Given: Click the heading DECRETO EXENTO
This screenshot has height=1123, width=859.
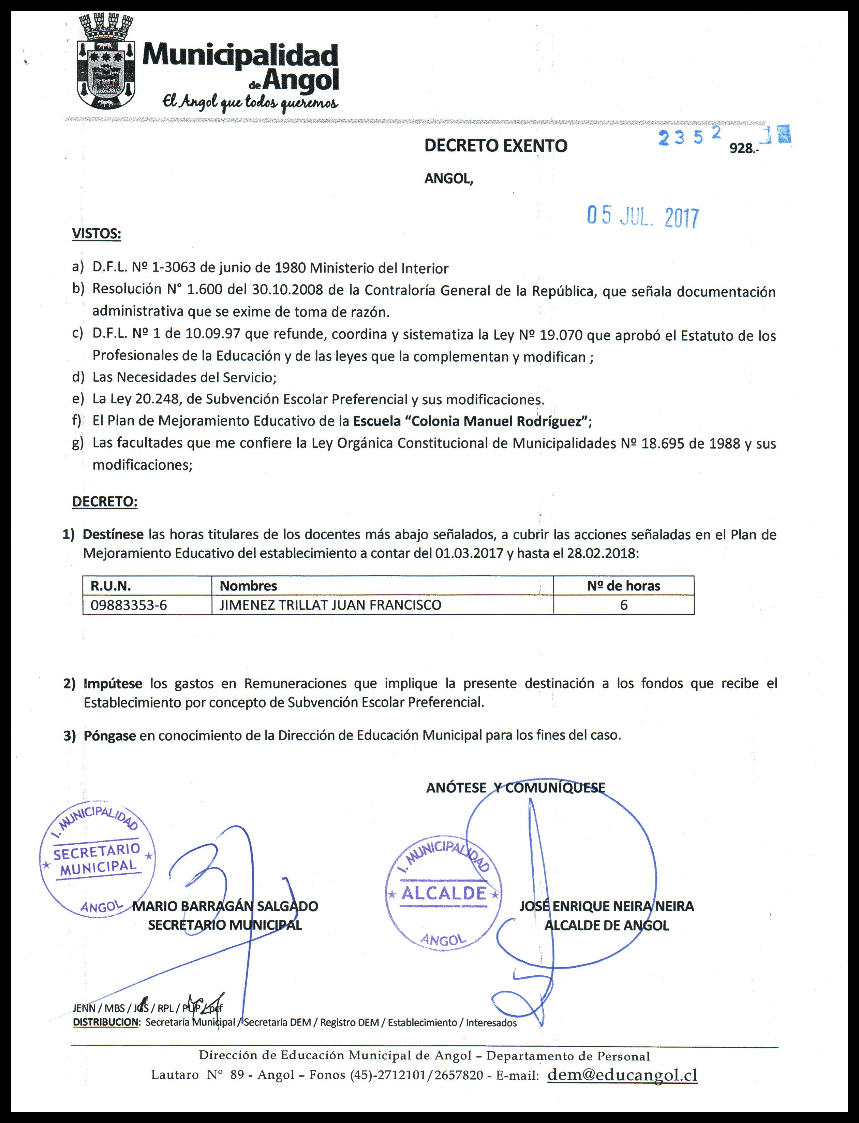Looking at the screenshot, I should tap(495, 146).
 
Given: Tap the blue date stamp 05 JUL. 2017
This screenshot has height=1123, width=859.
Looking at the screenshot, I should tap(642, 217).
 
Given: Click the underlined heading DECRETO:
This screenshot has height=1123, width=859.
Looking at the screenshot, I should tap(105, 502).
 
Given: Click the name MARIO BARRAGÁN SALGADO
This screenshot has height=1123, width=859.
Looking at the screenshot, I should tap(225, 906).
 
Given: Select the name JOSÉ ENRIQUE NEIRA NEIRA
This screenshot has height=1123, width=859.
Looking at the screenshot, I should tap(606, 906).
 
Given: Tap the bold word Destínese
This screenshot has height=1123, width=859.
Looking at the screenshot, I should tap(113, 535).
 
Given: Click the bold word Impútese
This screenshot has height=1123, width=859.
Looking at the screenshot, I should tap(113, 683).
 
